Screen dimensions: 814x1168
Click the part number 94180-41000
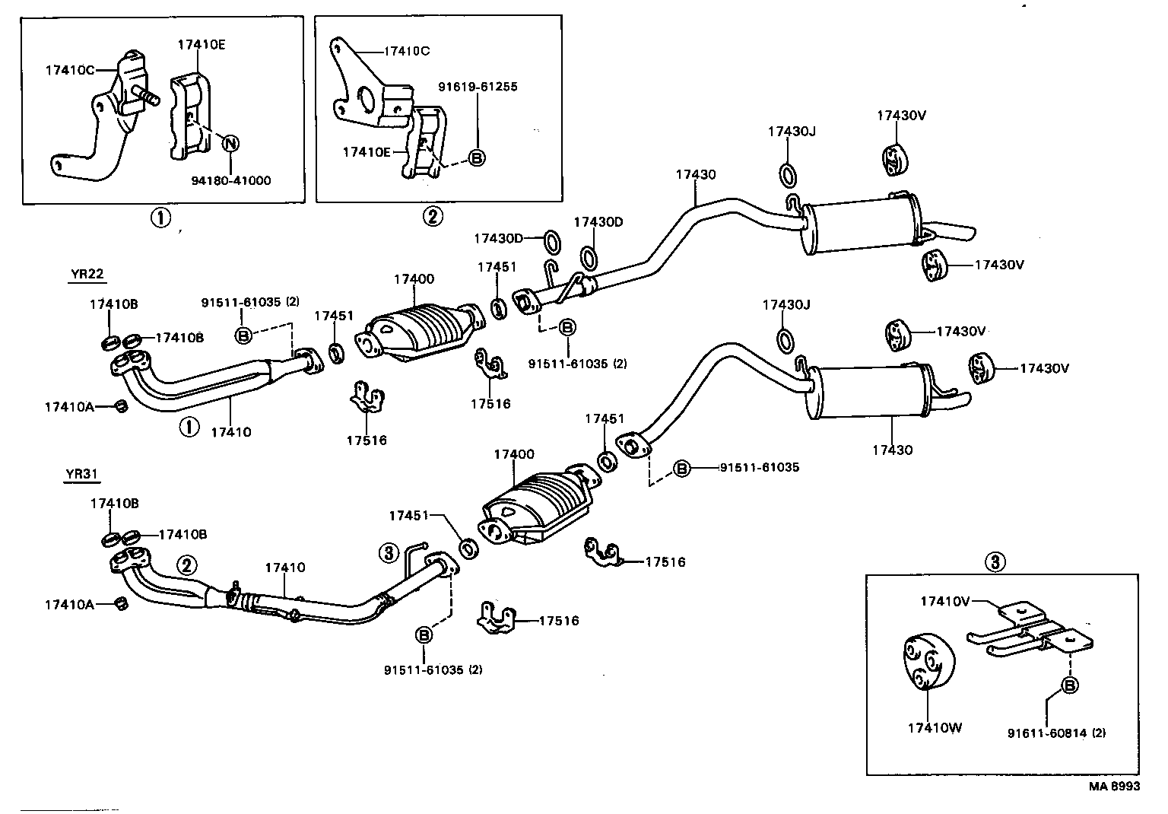tap(231, 181)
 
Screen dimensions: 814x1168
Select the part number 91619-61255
tap(478, 87)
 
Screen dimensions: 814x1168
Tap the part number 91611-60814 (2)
tap(1056, 733)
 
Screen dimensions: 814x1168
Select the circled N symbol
tap(230, 142)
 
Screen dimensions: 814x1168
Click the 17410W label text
tap(935, 728)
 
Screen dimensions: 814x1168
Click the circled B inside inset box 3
tap(1069, 686)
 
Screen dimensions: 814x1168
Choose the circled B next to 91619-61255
tap(477, 157)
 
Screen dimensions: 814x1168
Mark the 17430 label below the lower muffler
tap(892, 450)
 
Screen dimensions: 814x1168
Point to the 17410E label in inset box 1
tap(202, 45)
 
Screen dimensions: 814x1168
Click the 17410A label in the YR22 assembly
tap(69, 407)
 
